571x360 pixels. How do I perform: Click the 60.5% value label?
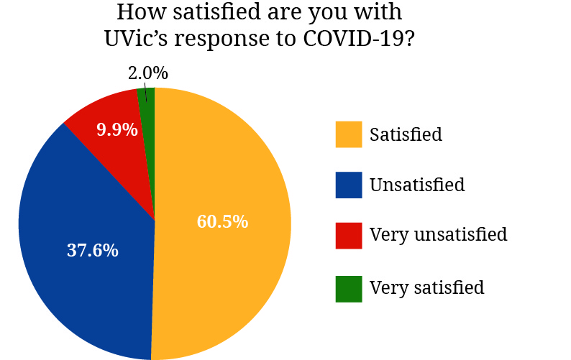pyautogui.click(x=222, y=221)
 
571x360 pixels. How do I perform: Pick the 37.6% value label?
pyautogui.click(x=93, y=251)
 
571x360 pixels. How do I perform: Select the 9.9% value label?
pyautogui.click(x=117, y=130)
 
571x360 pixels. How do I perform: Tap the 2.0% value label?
pyautogui.click(x=147, y=73)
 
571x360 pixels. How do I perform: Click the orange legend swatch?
pyautogui.click(x=348, y=134)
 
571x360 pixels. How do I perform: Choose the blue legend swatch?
pyautogui.click(x=348, y=185)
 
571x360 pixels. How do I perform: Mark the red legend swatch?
pyautogui.click(x=348, y=235)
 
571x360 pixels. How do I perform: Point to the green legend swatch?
pyautogui.click(x=348, y=287)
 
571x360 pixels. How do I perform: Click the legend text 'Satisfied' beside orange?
pyautogui.click(x=406, y=134)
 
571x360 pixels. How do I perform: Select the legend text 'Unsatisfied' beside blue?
pyautogui.click(x=417, y=185)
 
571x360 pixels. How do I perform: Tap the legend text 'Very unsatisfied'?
pyautogui.click(x=438, y=235)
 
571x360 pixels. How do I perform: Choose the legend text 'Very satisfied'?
pyautogui.click(x=426, y=287)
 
